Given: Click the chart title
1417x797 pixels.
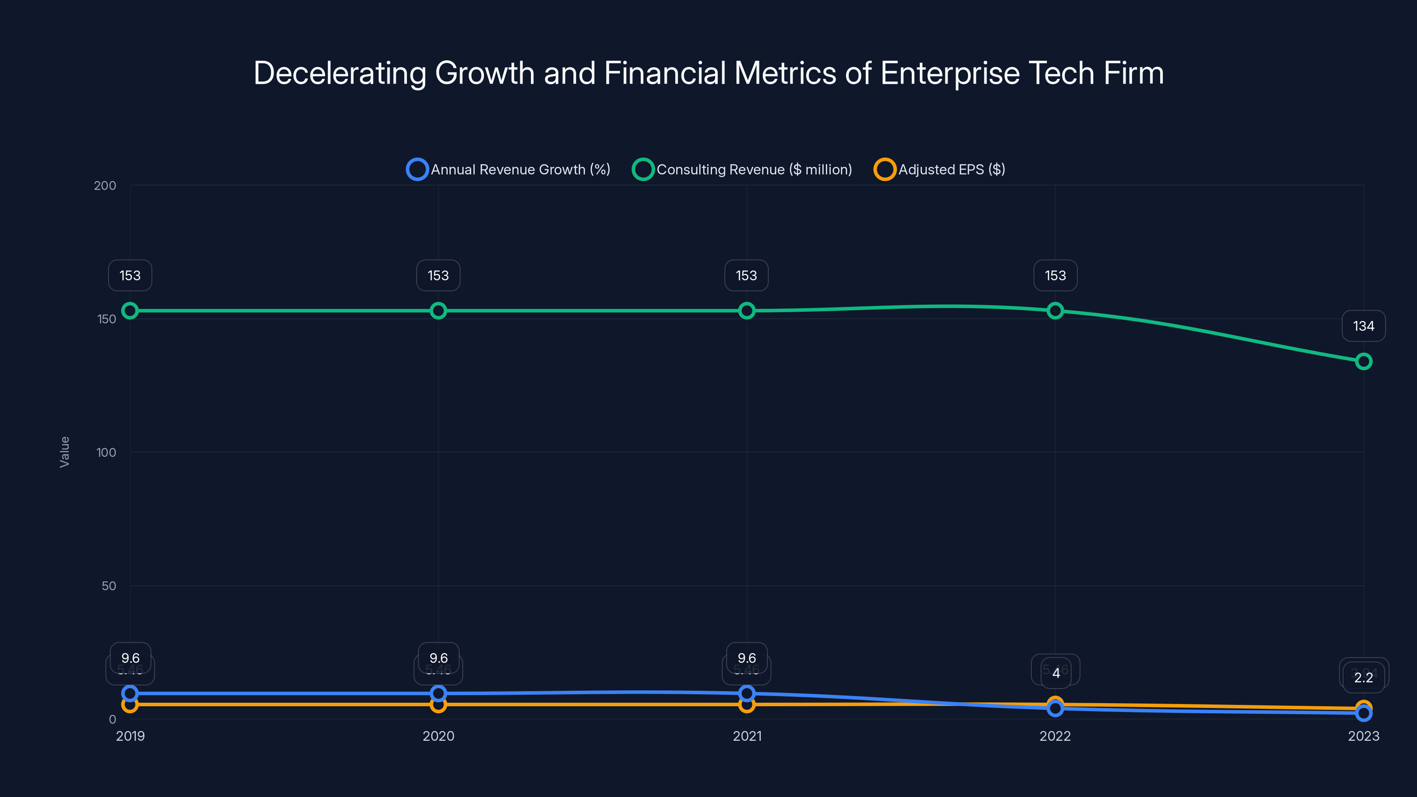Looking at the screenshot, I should (708, 73).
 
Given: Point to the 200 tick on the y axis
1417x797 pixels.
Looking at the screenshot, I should (105, 186).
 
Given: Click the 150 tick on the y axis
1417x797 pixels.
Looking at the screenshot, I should (107, 319).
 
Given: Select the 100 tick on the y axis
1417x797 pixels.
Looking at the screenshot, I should (106, 453).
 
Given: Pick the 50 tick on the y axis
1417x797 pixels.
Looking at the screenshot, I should (109, 586).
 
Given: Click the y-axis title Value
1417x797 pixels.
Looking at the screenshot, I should (64, 452).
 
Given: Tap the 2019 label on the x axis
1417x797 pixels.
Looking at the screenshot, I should (130, 736).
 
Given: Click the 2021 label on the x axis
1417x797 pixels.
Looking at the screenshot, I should (747, 736).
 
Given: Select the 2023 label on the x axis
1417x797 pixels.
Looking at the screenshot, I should (1363, 736).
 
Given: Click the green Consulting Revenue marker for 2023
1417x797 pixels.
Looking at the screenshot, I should (1363, 361).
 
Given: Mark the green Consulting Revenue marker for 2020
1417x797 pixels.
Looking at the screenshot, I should (438, 311).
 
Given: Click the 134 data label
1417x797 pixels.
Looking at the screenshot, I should (1363, 326).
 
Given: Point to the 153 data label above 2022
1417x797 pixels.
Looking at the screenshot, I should (1055, 275).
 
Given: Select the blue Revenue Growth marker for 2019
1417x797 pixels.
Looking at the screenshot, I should (130, 693).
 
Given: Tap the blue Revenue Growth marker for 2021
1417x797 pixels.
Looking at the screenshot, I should (747, 693).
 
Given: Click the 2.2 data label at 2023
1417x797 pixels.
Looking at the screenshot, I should (1363, 677).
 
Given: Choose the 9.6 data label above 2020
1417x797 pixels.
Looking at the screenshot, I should (438, 658).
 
